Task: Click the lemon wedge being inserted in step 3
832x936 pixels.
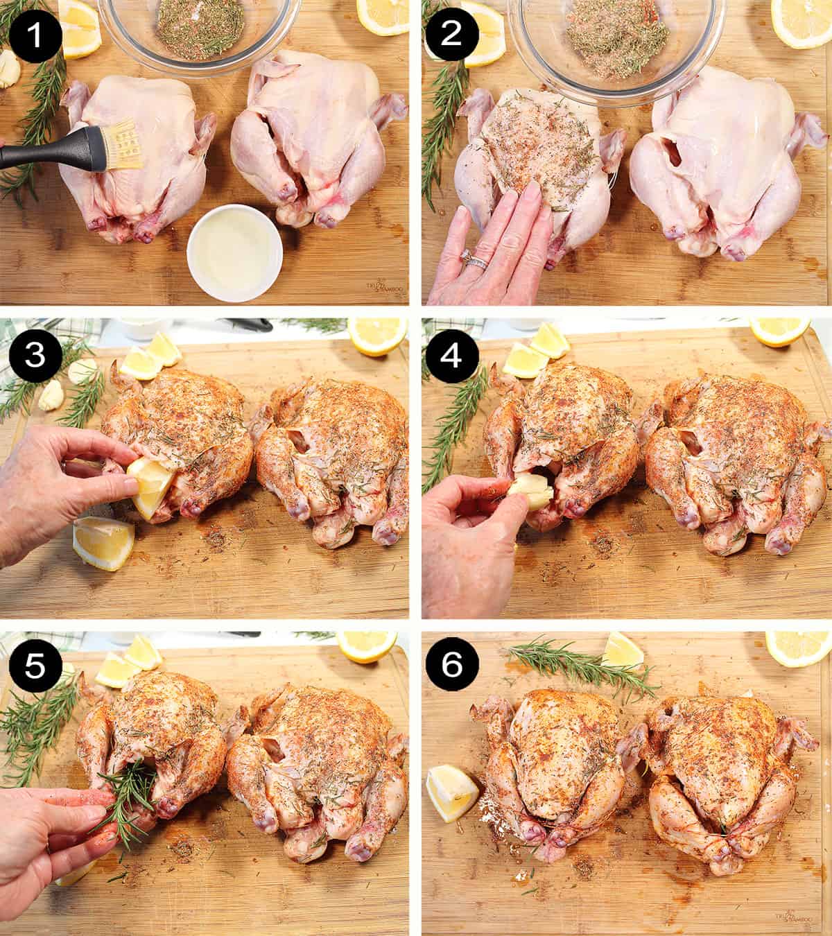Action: [x=149, y=489]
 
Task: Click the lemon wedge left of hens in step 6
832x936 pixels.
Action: [x=451, y=790]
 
